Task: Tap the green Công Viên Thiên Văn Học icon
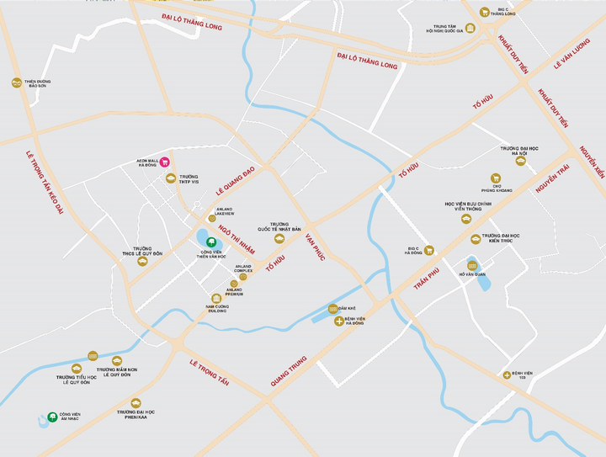(201, 244)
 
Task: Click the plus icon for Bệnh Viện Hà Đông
(339, 321)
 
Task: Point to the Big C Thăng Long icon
(484, 12)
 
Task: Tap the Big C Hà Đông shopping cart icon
(429, 250)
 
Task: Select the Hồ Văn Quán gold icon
(472, 265)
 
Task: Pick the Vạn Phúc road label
(315, 246)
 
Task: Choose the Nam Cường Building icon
(216, 298)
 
